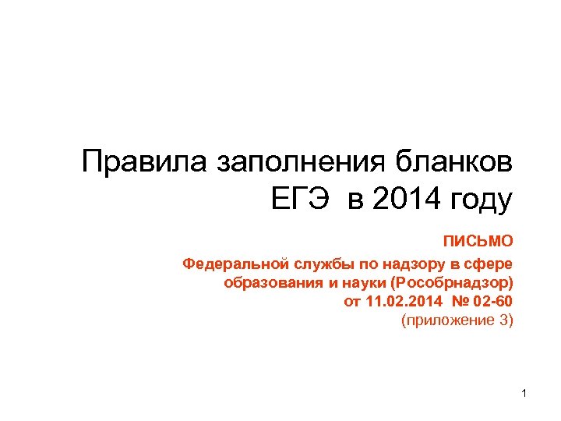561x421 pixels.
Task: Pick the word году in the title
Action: tap(482, 200)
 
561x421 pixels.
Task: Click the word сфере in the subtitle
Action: tap(489, 263)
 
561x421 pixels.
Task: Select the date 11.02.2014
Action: tap(400, 302)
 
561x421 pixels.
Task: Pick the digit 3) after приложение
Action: tap(506, 320)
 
